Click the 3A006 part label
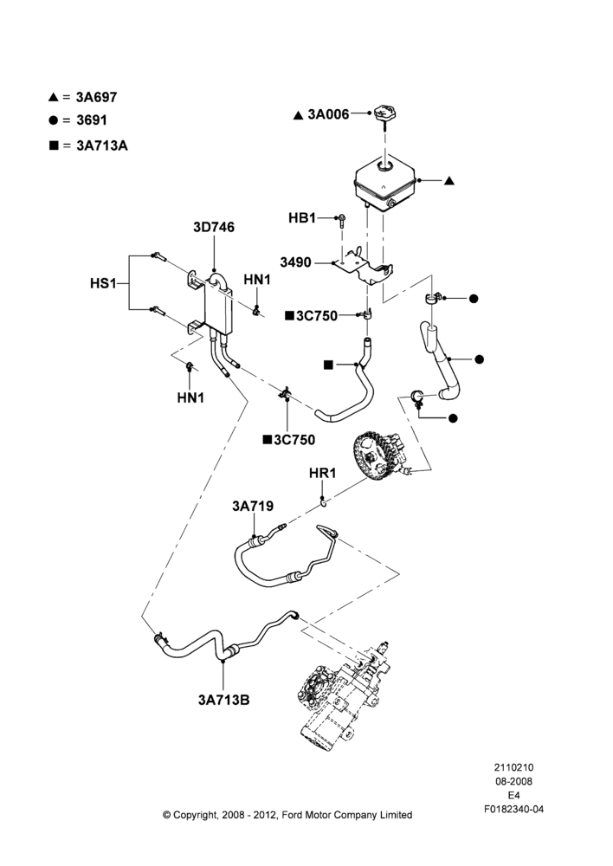click(x=329, y=114)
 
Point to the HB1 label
click(x=302, y=218)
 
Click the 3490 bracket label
click(x=295, y=262)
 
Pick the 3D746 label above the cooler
click(x=214, y=227)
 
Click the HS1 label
click(x=103, y=284)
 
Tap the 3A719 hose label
click(x=252, y=506)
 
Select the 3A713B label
click(x=223, y=700)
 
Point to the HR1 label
click(x=322, y=474)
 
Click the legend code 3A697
click(x=97, y=97)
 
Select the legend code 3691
click(x=92, y=120)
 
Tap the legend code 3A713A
click(x=102, y=145)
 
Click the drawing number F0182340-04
click(x=513, y=809)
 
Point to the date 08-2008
click(x=513, y=781)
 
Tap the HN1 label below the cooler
click(x=190, y=397)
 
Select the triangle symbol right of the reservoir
click(x=449, y=181)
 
